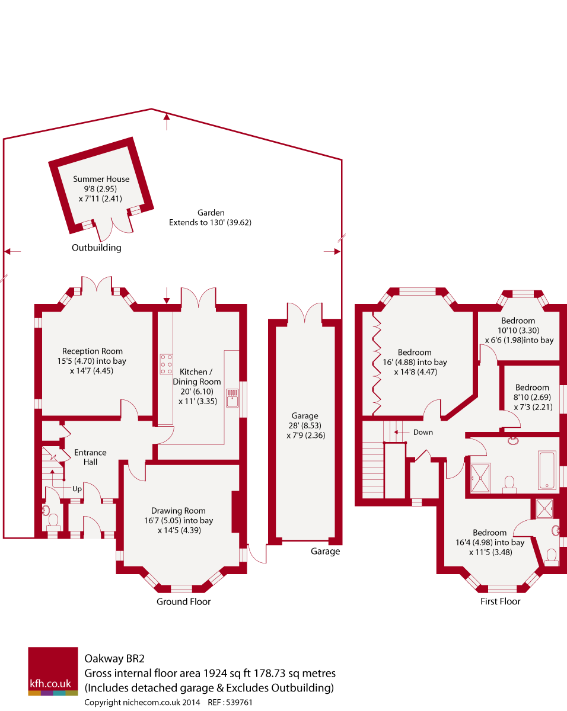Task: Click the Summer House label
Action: [101, 179]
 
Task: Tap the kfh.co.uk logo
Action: [53, 671]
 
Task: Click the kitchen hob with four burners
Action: [166, 364]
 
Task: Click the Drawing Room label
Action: [178, 511]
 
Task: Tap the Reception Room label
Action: [93, 351]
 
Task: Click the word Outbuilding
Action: [96, 248]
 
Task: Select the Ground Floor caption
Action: [183, 602]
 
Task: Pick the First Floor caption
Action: [500, 602]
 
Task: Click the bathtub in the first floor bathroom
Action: [547, 470]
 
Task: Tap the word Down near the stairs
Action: [423, 433]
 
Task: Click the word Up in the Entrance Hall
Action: [77, 489]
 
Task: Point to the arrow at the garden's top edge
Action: [167, 122]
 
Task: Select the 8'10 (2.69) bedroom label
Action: [532, 388]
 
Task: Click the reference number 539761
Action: [240, 702]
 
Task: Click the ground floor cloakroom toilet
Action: [53, 521]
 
